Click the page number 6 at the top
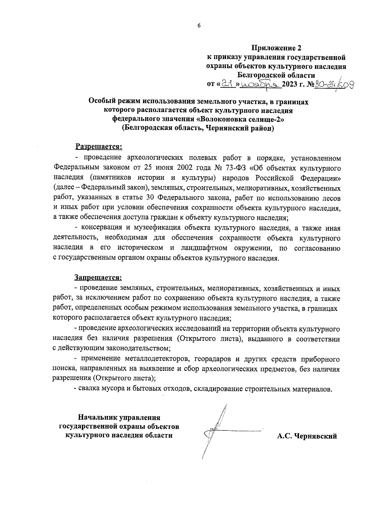[199, 26]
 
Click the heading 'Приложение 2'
[277, 48]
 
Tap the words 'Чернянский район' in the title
[238, 128]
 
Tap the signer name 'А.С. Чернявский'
[307, 436]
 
